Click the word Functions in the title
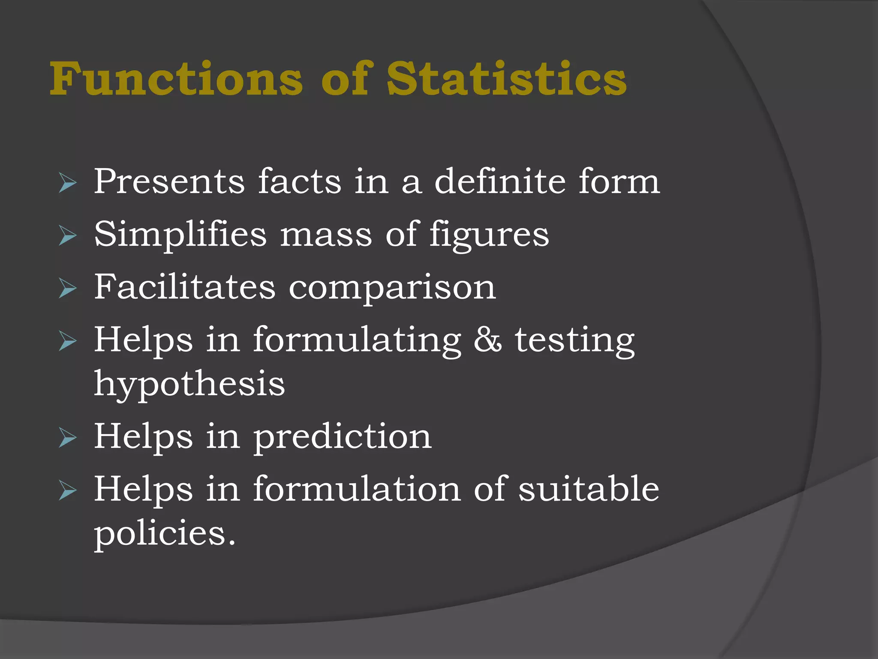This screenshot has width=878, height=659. tap(176, 79)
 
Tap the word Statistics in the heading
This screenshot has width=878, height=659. tap(506, 79)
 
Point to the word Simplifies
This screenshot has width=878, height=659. tap(180, 235)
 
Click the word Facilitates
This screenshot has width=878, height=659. tap(185, 287)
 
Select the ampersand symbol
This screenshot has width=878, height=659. tap(487, 340)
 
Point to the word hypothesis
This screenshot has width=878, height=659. tap(189, 384)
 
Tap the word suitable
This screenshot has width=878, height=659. tap(589, 489)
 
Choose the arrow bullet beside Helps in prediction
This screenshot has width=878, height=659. tap(67, 438)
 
